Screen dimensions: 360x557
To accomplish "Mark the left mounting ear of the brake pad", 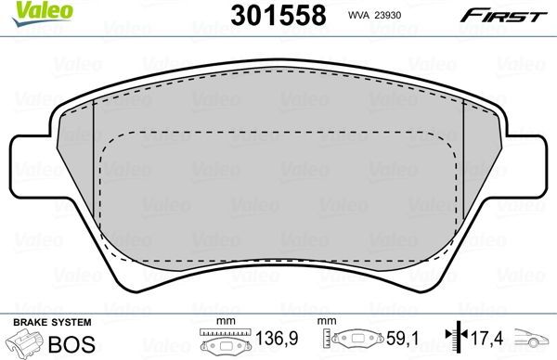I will point(30,162).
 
